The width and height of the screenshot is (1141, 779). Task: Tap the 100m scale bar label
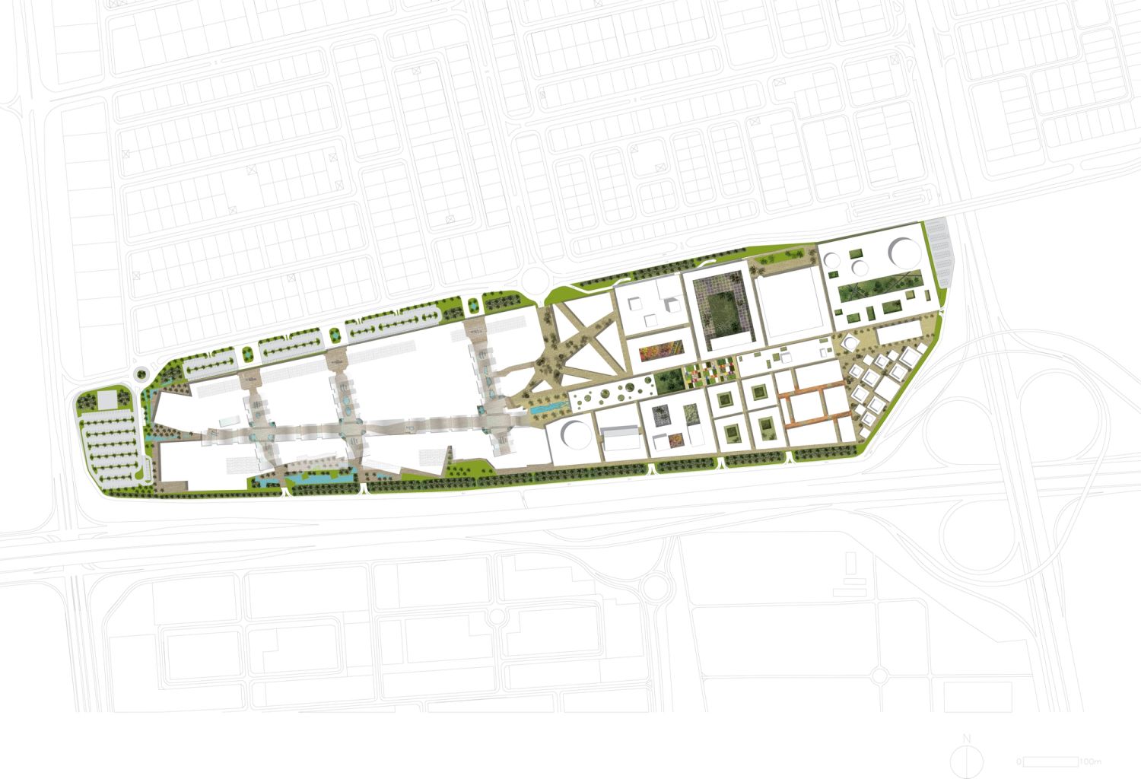click(1090, 761)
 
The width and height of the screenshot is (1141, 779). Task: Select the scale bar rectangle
click(1050, 761)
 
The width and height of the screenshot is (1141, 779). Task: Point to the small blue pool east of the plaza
click(547, 409)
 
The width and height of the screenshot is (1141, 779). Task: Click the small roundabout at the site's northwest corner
click(138, 374)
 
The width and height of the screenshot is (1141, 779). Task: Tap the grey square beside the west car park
click(107, 399)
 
